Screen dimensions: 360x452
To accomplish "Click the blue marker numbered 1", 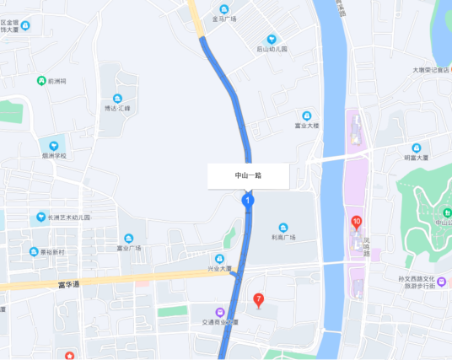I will coord(248,201).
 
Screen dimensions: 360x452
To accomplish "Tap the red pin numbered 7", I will coord(258,298).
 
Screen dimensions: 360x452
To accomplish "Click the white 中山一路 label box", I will coord(249,175).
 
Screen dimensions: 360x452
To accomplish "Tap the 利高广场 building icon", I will coord(283,227).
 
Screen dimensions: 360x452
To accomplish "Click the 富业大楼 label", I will coord(306,126).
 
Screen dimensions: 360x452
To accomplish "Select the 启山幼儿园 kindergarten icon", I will coord(272,39).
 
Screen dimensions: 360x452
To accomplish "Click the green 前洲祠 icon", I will coord(40,81).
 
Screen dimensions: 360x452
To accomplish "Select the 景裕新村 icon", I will coord(34,251).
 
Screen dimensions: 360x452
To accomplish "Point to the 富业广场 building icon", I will coord(129,238).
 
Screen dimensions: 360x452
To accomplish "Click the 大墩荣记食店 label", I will coord(431,71).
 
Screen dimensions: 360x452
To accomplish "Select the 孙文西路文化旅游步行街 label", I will coord(428,282).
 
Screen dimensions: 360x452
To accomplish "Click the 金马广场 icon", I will coord(224,8).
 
